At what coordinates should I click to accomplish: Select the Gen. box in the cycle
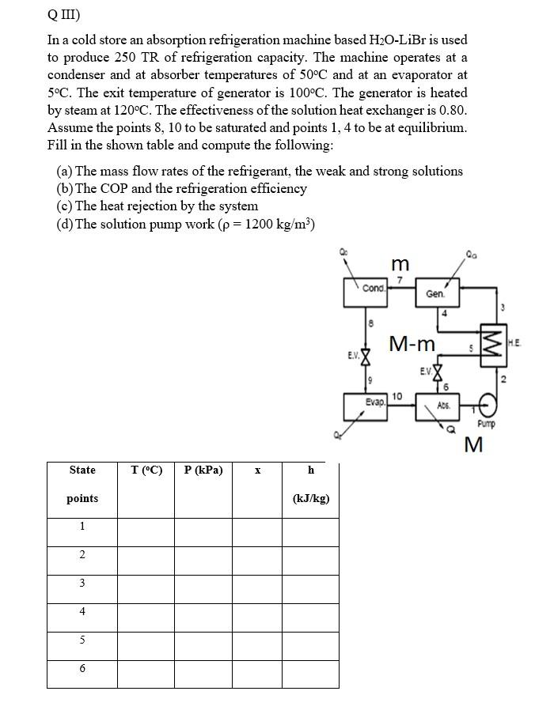435,293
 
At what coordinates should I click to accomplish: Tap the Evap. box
366,406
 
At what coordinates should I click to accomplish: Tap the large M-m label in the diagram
412,343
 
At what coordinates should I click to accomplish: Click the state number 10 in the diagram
397,395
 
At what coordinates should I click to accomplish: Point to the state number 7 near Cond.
400,280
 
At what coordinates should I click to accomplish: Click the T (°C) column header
146,470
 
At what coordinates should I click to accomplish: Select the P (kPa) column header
203,470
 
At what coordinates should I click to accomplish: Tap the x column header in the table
257,470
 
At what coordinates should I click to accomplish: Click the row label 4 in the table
82,611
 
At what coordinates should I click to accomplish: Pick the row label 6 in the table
82,669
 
